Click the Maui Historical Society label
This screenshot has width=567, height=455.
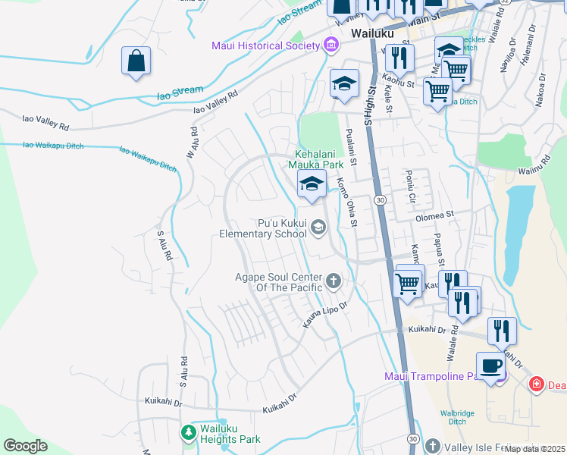[265, 46]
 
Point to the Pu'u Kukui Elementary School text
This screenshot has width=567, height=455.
[263, 229]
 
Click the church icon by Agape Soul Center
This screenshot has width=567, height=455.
[332, 283]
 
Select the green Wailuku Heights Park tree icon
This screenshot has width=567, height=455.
[188, 433]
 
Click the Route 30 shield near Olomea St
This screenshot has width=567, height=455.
[380, 200]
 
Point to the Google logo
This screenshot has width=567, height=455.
[25, 446]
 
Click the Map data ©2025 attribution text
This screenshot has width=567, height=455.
[534, 449]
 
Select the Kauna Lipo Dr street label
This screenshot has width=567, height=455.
[326, 310]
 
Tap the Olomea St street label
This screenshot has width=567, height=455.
[434, 215]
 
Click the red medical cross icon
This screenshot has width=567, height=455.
[536, 384]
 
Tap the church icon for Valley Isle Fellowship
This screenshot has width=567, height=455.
[433, 445]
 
